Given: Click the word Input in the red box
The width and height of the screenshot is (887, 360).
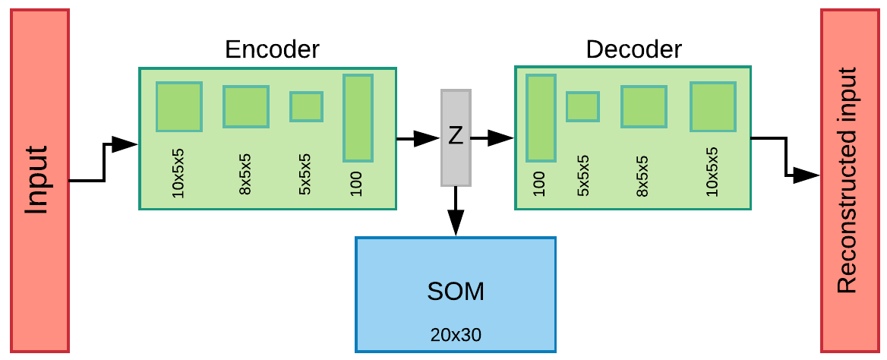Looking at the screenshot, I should coord(39,180).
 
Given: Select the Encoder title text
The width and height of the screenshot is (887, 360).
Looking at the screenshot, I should coord(272,50).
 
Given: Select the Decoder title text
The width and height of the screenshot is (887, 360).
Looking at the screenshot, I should coord(633,50).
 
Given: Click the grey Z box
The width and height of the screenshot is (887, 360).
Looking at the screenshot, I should coord(456,137).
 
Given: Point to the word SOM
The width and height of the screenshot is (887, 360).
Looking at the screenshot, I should coord(456,292).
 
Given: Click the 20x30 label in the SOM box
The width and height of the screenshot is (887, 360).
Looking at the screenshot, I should coord(456,334).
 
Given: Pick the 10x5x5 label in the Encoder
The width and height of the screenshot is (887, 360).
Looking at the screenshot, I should coord(179,177).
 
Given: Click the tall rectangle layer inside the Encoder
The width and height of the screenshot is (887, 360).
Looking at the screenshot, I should coord(358,118).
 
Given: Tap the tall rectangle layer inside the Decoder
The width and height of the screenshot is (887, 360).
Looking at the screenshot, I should coord(541,118).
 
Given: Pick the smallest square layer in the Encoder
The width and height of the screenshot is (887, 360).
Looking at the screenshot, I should coord(306,107).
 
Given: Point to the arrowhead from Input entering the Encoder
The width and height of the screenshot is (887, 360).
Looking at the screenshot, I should coord(125,144).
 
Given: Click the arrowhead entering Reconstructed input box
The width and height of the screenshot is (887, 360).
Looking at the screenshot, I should coord(807,175).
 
